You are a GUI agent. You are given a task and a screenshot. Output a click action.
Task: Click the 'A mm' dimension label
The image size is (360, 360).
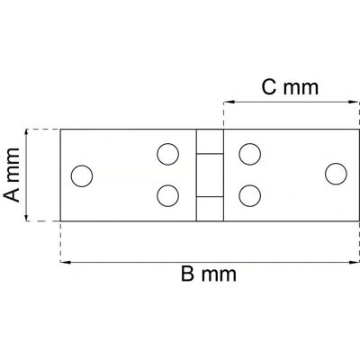tap(12, 175)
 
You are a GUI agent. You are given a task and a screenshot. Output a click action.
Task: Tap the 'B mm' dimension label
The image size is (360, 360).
tap(209, 274)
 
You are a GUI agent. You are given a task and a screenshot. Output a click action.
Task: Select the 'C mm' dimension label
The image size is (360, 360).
tap(290, 87)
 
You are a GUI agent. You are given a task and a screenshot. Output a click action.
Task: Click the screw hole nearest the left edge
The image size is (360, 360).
tap(82, 175)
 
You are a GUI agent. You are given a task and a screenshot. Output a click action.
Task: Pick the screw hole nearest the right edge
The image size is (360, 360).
tap(336, 174)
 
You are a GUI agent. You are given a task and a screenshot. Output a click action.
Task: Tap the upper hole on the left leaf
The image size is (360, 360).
tap(168, 154)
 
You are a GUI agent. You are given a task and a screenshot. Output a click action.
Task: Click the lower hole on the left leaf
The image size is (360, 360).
tap(168, 195)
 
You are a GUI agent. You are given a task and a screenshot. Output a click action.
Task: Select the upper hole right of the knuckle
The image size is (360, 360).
tap(250, 154)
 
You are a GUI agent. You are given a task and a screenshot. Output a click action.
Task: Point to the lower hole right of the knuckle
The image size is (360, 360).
tap(250, 195)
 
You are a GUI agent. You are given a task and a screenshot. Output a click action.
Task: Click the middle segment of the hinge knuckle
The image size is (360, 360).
tap(210, 175)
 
